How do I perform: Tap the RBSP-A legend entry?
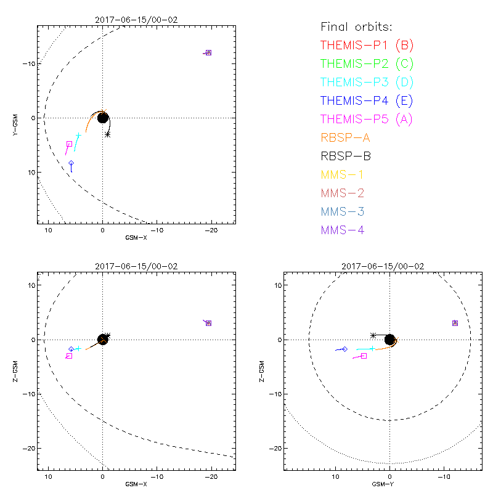pyautogui.click(x=346, y=137)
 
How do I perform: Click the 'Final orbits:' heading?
pyautogui.click(x=356, y=26)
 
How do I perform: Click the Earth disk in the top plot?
pyautogui.click(x=103, y=117)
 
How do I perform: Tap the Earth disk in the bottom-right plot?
pyautogui.click(x=389, y=340)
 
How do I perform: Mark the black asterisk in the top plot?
pyautogui.click(x=108, y=134)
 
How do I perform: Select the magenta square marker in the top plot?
pyautogui.click(x=69, y=144)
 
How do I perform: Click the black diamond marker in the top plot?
pyautogui.click(x=71, y=163)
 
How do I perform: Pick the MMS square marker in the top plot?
pyautogui.click(x=209, y=52)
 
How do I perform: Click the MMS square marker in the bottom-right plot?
pyautogui.click(x=455, y=323)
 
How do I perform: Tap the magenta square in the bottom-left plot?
pyautogui.click(x=69, y=356)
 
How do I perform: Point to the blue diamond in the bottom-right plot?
pyautogui.click(x=344, y=349)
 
